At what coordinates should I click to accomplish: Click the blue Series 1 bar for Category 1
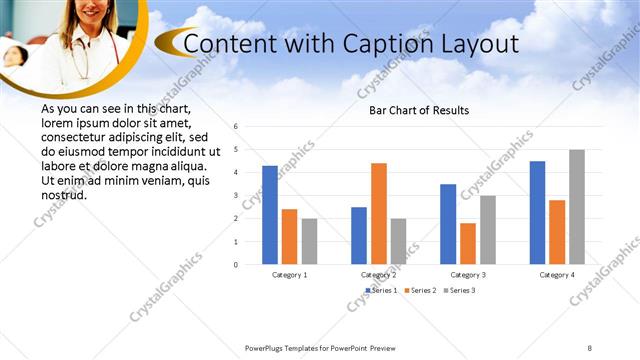270,215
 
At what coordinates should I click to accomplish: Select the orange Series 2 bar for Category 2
379,213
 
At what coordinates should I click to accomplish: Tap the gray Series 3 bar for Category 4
577,207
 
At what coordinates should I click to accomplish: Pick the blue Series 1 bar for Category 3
448,224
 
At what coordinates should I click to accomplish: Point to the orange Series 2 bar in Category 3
468,243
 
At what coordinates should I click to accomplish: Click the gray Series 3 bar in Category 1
309,241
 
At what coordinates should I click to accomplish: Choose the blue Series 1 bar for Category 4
537,212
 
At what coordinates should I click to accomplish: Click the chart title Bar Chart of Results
412,110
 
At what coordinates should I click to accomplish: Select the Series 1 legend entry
381,290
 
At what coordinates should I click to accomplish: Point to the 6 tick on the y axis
235,127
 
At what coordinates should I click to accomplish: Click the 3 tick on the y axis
235,196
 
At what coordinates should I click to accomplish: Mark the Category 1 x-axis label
290,274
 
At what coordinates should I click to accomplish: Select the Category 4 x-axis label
557,274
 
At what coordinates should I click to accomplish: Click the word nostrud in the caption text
64,194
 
